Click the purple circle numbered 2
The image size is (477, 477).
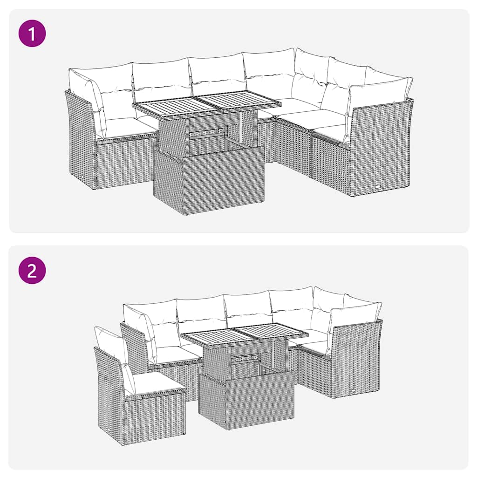point(32,270)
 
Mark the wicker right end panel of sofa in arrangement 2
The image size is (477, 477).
point(356,359)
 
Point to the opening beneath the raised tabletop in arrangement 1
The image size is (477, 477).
point(210,135)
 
